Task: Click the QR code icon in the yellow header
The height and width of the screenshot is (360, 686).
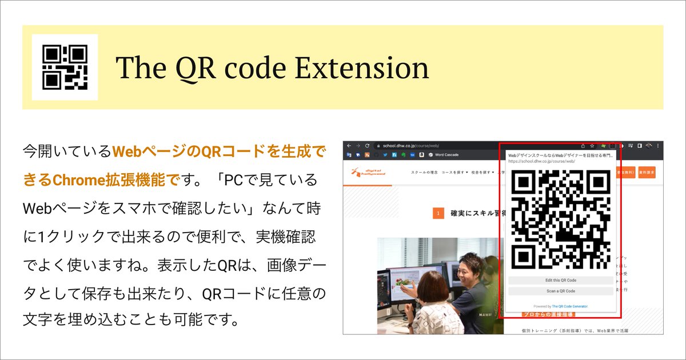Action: (x=65, y=67)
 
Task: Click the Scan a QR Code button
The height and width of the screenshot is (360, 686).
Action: (x=560, y=291)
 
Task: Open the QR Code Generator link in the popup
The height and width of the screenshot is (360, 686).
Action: (x=569, y=306)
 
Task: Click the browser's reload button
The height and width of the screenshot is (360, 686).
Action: (x=368, y=146)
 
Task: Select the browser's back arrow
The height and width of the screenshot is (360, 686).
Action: (x=349, y=146)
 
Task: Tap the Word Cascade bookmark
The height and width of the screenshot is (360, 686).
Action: (x=447, y=154)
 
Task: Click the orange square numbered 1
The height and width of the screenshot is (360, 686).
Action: (x=438, y=214)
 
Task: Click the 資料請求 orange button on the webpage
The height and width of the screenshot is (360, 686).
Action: (x=647, y=171)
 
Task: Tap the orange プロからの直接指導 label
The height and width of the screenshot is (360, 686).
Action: (x=548, y=314)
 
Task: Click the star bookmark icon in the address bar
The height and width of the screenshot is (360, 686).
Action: (x=592, y=146)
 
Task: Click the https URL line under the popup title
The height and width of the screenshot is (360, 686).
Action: (x=541, y=162)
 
